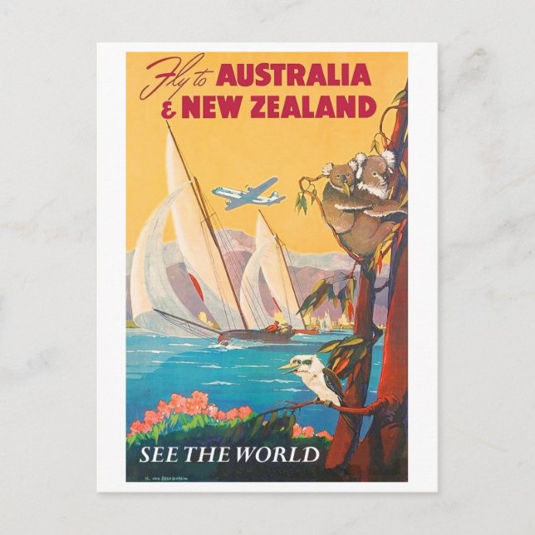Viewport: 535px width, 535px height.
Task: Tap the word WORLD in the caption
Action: pos(277,454)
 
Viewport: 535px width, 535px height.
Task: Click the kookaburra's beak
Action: pos(286,365)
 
